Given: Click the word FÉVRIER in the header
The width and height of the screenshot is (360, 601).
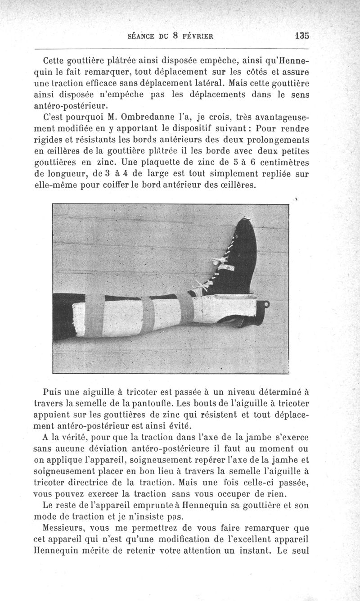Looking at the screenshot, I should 194,38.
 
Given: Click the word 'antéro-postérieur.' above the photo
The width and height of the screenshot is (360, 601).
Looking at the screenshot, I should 71,106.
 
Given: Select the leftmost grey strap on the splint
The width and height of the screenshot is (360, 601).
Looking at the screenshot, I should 94,316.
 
